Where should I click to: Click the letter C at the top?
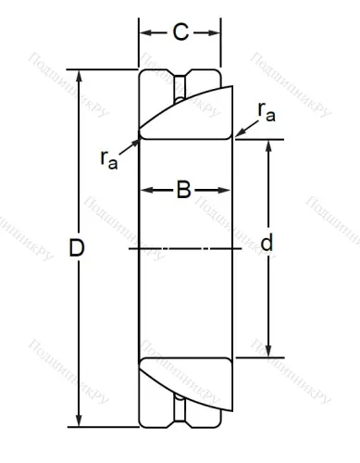[x=180, y=33]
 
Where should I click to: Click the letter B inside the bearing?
[x=183, y=191]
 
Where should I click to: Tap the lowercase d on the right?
[x=267, y=244]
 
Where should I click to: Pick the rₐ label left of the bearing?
[x=109, y=159]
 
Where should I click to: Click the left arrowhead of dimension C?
[x=143, y=34]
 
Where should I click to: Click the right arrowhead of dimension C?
[x=217, y=34]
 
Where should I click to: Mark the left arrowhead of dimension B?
[x=144, y=192]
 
